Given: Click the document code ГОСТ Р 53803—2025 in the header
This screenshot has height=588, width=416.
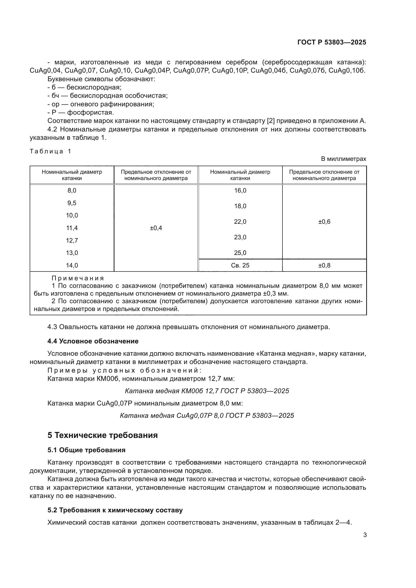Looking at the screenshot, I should tap(332, 42).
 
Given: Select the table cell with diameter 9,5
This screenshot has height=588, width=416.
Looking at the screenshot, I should tap(72, 203).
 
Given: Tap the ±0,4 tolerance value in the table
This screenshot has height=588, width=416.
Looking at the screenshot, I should tap(156, 228).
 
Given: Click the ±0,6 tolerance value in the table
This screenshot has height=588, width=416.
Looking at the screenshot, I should tap(324, 222).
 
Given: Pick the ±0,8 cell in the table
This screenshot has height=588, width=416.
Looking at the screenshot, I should tap(324, 265).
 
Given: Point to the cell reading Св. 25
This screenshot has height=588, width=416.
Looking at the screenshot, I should tap(240, 265).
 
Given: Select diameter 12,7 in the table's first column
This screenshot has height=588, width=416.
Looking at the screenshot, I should tap(72, 241).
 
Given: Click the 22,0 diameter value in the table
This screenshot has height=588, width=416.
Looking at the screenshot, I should tap(240, 222).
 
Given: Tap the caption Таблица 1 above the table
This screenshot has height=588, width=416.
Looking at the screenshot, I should tap(50, 151).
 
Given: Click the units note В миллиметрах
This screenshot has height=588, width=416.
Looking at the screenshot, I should tap(344, 159).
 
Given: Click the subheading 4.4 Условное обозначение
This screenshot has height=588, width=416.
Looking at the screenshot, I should tap(93, 341).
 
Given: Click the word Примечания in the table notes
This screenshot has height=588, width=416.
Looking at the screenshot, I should tap(78, 278).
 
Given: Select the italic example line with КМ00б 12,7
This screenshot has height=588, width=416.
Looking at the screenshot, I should tap(207, 391).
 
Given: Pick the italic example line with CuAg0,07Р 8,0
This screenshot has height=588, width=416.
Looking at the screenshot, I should tap(207, 415).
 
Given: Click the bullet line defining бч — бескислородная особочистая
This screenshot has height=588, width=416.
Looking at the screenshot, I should tap(108, 96).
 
